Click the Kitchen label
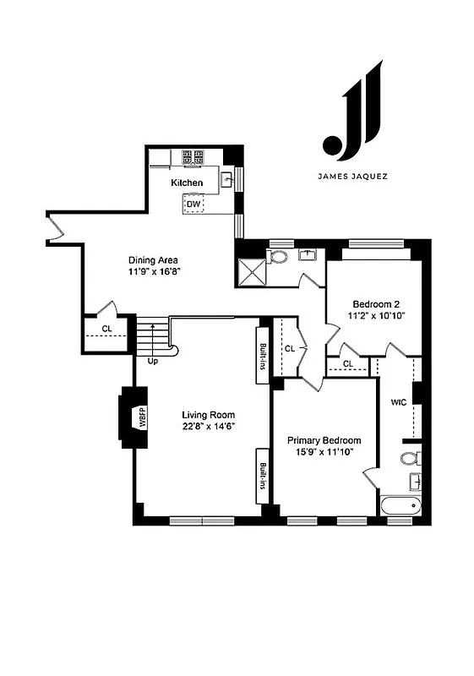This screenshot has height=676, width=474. tap(187, 183)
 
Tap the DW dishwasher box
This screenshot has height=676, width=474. tap(193, 204)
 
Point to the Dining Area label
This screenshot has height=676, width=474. tap(153, 260)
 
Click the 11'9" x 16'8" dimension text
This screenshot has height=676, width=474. tap(155, 273)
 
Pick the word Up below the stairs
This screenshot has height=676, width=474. tap(153, 361)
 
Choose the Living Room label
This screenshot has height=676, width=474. tap(208, 414)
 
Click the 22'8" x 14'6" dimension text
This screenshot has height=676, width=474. tap(208, 427)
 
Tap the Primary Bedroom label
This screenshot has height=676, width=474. tap(324, 440)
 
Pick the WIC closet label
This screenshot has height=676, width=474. tap(399, 402)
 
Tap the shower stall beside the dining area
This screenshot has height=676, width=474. tap(251, 270)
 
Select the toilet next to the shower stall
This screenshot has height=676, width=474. tap(278, 256)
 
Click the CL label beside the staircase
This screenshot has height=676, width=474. tap(107, 329)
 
